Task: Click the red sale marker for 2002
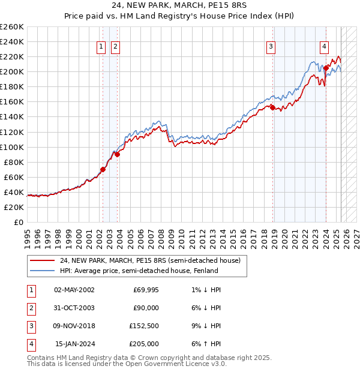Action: (x=103, y=169)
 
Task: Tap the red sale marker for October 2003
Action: (x=118, y=154)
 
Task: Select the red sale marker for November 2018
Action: (x=272, y=107)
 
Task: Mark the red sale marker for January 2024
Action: (x=326, y=68)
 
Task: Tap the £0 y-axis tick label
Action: (x=19, y=222)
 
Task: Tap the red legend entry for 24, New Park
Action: (x=150, y=260)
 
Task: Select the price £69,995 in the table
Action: (x=146, y=289)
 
